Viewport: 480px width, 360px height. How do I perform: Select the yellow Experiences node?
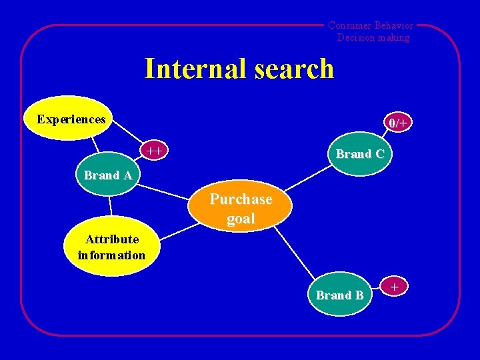pos(71,120)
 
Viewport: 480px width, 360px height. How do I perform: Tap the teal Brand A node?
pos(107,176)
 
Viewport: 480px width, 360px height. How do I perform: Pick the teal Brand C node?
pos(359,154)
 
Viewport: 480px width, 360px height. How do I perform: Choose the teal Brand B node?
pos(339,295)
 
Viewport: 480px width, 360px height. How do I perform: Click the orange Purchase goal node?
pos(241,209)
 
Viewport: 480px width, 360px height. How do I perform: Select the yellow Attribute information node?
pos(111,247)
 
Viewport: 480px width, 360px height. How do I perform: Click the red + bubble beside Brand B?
pos(395,287)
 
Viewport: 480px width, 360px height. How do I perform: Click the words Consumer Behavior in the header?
pos(371,25)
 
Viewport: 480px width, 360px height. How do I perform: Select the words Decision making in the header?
pos(373,37)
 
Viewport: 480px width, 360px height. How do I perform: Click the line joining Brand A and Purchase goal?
pos(163,191)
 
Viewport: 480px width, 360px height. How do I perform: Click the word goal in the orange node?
pos(241,219)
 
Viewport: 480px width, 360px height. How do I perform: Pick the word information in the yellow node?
pos(111,255)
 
